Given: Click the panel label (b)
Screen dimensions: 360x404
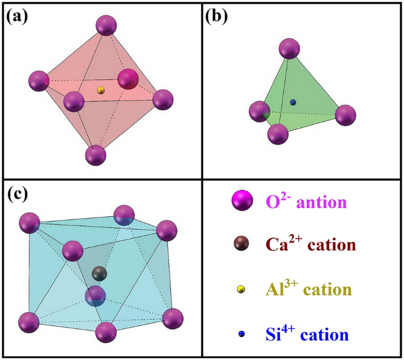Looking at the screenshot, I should pos(216,17).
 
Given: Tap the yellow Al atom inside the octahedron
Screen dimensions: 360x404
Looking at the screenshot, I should pos(101,90).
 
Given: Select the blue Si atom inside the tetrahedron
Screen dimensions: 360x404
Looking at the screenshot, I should pos(293,103).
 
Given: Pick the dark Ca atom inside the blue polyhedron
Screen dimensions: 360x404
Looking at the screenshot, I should pos(100,273).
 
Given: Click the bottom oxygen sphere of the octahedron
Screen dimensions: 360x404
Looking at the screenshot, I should pos(96,156).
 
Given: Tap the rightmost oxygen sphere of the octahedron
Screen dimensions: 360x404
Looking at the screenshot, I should pos(163,100).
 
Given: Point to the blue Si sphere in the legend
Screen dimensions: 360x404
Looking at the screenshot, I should pos(241,334).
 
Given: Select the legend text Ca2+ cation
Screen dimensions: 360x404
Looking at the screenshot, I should pos(310,244).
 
